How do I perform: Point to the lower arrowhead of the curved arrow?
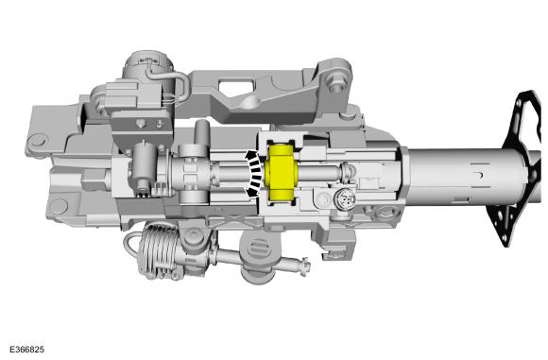click(249, 192)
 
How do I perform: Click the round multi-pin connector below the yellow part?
click(342, 200)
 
